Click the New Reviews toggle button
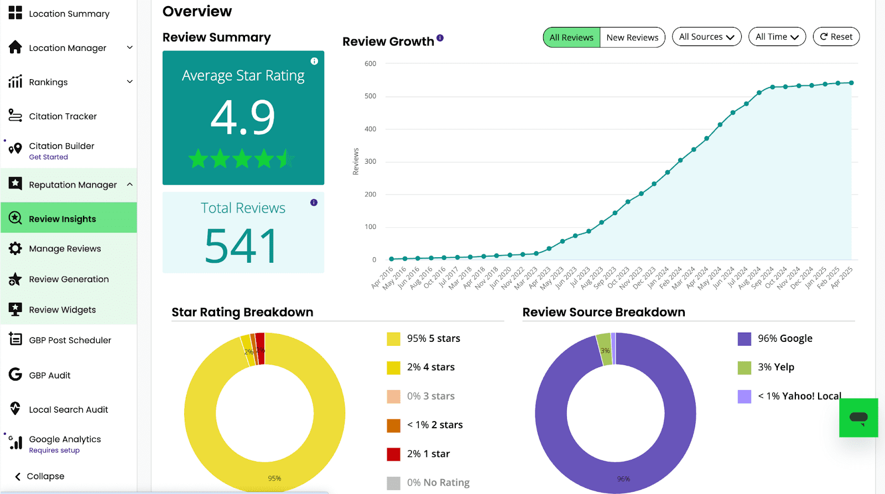click(x=632, y=37)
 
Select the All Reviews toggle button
click(x=571, y=37)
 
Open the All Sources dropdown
click(x=706, y=37)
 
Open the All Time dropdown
click(x=777, y=37)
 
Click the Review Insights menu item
click(x=69, y=218)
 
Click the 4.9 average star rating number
click(x=243, y=117)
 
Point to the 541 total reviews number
click(x=241, y=246)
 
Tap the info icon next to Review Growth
click(x=440, y=38)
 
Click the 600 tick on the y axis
click(x=370, y=64)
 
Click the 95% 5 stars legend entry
click(x=424, y=339)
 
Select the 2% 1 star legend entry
click(x=418, y=454)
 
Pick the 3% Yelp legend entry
click(x=766, y=367)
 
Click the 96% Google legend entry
click(x=775, y=339)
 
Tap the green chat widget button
click(x=858, y=418)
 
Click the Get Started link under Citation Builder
click(x=48, y=157)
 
